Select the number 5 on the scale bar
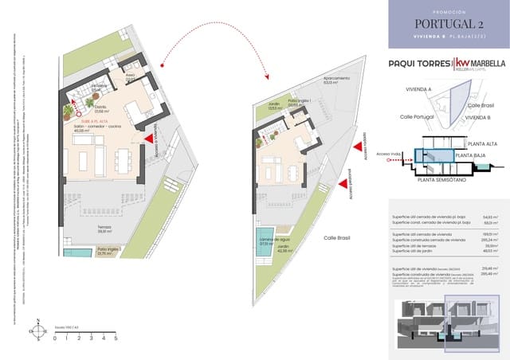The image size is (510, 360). click(x=116, y=338)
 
